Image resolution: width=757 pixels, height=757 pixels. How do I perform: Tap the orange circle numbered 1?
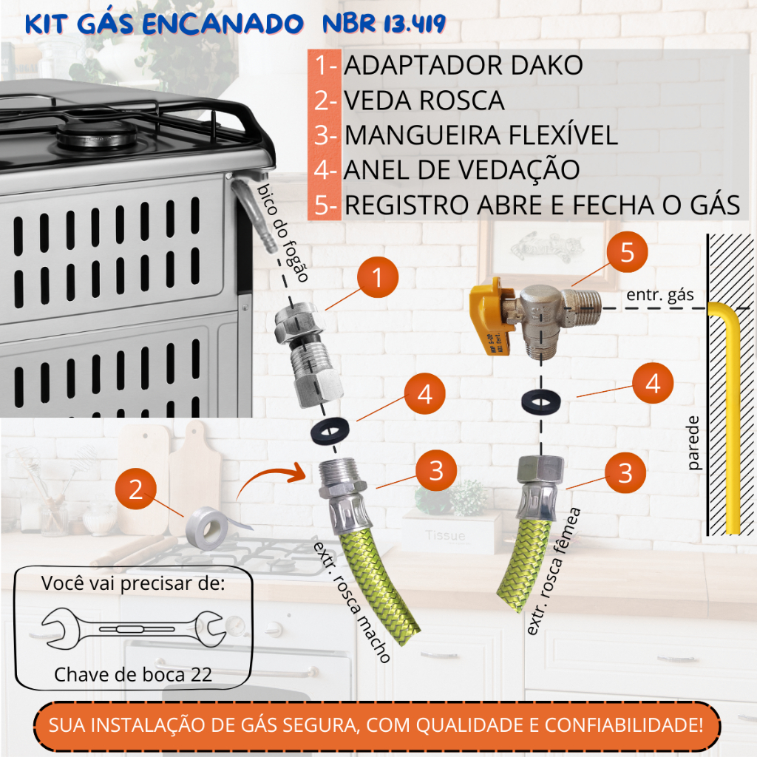[x=377, y=279]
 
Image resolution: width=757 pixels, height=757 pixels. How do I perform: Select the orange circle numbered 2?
[x=137, y=489]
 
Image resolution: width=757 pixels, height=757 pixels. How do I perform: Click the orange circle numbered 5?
[x=627, y=253]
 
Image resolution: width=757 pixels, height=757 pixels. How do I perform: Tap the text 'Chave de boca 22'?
[x=133, y=674]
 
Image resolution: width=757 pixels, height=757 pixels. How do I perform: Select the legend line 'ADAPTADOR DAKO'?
[x=464, y=65]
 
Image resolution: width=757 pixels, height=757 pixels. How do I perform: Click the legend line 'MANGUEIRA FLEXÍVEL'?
[x=481, y=135]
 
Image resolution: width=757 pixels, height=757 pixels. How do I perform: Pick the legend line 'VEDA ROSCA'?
[x=424, y=100]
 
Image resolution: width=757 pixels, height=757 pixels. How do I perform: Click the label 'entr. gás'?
[x=660, y=296]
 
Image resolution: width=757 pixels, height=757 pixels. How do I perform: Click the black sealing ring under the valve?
[x=540, y=401]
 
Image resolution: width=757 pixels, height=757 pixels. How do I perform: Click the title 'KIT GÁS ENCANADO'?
[x=164, y=25]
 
